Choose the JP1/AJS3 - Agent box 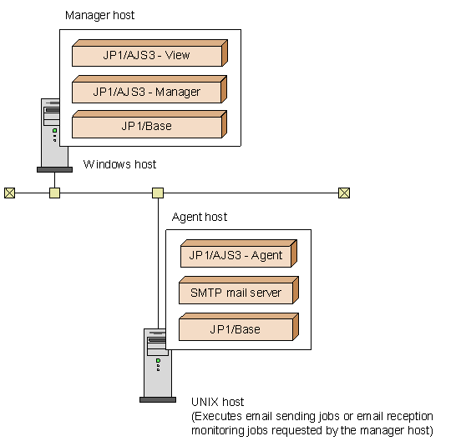point(237,255)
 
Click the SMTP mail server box point(237,293)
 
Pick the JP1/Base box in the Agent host point(237,329)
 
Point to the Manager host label point(99,16)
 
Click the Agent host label point(200,218)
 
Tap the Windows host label point(119,164)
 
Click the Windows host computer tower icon point(54,133)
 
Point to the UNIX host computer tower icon point(157,363)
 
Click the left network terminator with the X point(9,193)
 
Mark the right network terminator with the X point(343,193)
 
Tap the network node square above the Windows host point(54,193)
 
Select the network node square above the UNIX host point(157,193)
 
